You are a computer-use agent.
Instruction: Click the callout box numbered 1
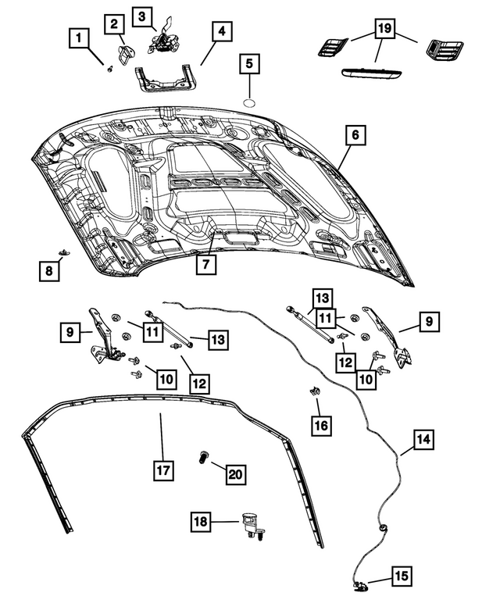(78, 36)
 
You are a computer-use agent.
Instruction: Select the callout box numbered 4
(221, 31)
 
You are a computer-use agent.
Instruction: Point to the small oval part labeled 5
(248, 102)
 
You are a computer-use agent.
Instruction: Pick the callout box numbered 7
(205, 264)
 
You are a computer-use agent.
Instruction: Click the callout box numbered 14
(422, 440)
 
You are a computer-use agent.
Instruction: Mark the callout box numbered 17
(162, 470)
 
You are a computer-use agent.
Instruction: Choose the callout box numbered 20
(235, 473)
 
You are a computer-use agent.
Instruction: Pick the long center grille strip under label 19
(377, 73)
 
